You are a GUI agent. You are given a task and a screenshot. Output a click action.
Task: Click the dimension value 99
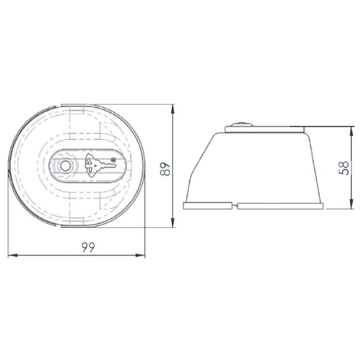pyautogui.click(x=88, y=247)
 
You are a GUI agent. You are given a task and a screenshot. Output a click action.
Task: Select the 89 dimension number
pyautogui.click(x=165, y=169)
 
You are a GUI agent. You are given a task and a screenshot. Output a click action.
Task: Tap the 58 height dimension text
pyautogui.click(x=344, y=168)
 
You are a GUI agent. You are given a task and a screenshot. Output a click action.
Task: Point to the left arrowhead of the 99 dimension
pyautogui.click(x=13, y=255)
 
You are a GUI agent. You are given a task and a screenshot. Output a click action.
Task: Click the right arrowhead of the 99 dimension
pyautogui.click(x=140, y=255)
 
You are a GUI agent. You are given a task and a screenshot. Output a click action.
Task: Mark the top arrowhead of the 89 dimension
pyautogui.click(x=172, y=109)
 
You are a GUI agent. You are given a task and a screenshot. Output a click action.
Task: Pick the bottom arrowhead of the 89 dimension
pyautogui.click(x=172, y=222)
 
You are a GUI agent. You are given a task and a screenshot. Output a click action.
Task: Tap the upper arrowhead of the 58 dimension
pyautogui.click(x=351, y=131)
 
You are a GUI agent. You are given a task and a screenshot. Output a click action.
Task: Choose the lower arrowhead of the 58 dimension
pyautogui.click(x=351, y=204)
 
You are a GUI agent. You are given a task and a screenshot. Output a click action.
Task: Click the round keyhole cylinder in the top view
pyautogui.click(x=65, y=166)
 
